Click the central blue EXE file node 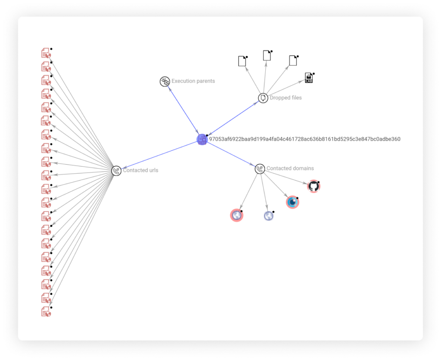(202, 139)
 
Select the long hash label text (304, 139)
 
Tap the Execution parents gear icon (165, 81)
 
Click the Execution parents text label (193, 81)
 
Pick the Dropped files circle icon (263, 98)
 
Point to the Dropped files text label (286, 98)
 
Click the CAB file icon (309, 78)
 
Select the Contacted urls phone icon (116, 171)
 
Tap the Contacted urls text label (141, 170)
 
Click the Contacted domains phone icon (260, 169)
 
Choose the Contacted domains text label (290, 168)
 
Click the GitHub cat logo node (314, 186)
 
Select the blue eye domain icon (292, 202)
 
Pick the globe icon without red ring (269, 216)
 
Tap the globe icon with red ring (236, 215)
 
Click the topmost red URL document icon (46, 53)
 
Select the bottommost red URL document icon (46, 312)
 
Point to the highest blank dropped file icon (267, 56)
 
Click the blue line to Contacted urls (159, 155)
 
